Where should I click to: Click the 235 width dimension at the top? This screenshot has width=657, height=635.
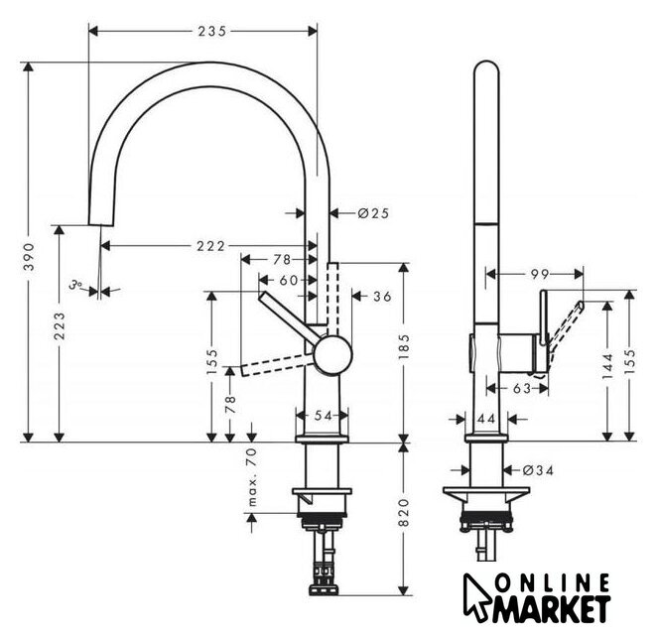pyautogui.click(x=212, y=32)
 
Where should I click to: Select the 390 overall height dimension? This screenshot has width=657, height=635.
pyautogui.click(x=29, y=256)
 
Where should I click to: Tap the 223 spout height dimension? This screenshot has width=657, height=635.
pyautogui.click(x=60, y=325)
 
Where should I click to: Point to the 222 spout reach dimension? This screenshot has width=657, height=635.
pyautogui.click(x=211, y=246)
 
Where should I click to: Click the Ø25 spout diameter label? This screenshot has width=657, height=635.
pyautogui.click(x=373, y=213)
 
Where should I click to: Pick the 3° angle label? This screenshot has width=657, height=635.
pyautogui.click(x=75, y=285)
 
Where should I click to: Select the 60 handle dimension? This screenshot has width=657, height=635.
pyautogui.click(x=288, y=280)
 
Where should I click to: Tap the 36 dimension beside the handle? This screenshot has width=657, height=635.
pyautogui.click(x=382, y=297)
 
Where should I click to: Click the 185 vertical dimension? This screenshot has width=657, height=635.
pyautogui.click(x=404, y=346)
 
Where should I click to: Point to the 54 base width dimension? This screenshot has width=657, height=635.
pyautogui.click(x=324, y=416)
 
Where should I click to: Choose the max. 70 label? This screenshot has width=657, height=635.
pyautogui.click(x=252, y=476)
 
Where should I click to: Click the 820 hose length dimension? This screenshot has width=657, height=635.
pyautogui.click(x=404, y=513)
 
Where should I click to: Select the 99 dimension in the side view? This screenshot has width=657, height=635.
pyautogui.click(x=540, y=275)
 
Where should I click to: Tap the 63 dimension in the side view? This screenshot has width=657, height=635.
pyautogui.click(x=522, y=389)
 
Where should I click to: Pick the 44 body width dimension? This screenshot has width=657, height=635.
pyautogui.click(x=486, y=419)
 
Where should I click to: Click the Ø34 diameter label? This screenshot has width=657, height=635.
pyautogui.click(x=539, y=471)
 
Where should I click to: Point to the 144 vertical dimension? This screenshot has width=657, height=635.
pyautogui.click(x=607, y=366)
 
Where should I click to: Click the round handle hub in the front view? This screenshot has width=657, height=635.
pyautogui.click(x=333, y=355)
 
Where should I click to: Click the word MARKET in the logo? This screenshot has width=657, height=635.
pyautogui.click(x=552, y=608)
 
